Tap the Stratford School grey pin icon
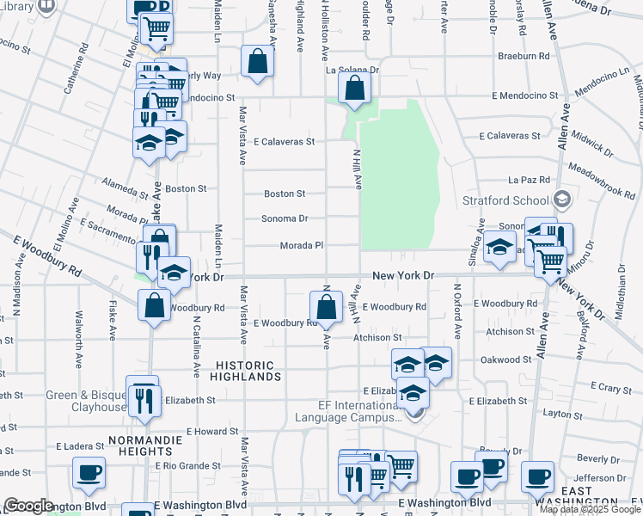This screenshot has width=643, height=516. pos(562,200)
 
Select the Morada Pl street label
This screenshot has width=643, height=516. pos(302,246)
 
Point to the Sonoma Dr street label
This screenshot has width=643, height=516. pos(285,218)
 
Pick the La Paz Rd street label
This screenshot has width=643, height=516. pos(528,180)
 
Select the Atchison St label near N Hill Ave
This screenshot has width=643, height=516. pos(377,338)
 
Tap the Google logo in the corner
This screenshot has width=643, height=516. pos(28,506)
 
